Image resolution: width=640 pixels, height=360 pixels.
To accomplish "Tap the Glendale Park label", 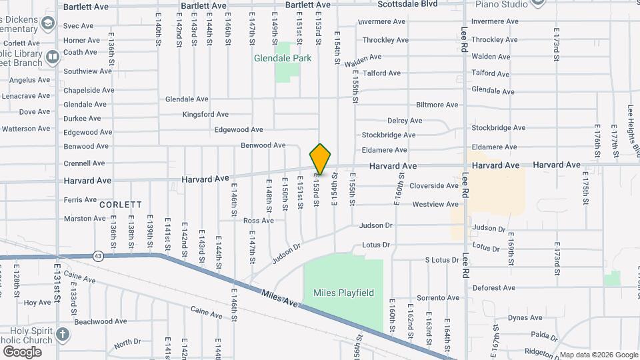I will (x=283, y=59).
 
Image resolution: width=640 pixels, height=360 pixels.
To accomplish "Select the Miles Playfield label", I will (x=343, y=293).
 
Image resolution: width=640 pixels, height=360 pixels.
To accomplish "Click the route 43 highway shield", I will (x=98, y=255).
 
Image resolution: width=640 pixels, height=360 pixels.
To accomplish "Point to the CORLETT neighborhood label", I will (x=121, y=205).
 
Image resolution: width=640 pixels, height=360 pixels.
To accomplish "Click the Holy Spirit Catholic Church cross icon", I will (x=62, y=334).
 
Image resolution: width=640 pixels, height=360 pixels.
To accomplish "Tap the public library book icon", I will (x=53, y=59).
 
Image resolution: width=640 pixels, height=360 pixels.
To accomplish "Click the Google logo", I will (x=21, y=351).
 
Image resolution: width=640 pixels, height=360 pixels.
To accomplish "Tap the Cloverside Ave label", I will (x=434, y=186).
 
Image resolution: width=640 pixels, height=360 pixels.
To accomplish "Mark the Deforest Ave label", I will (x=493, y=289).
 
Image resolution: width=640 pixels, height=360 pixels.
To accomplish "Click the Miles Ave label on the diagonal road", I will (x=279, y=299).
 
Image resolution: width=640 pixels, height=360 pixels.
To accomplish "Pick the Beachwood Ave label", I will (x=101, y=321).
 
